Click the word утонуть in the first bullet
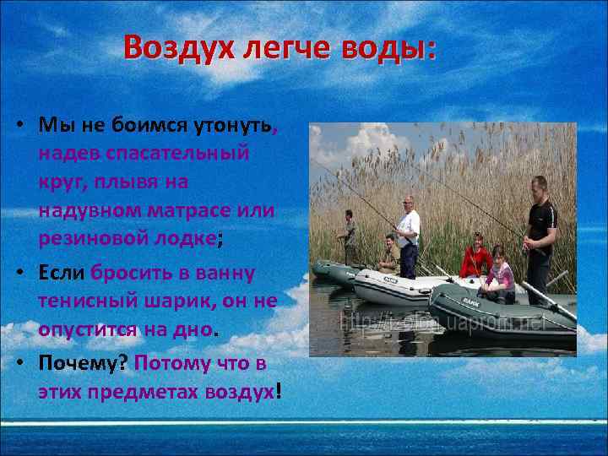click(x=231, y=126)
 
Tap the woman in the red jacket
click(x=476, y=256)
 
